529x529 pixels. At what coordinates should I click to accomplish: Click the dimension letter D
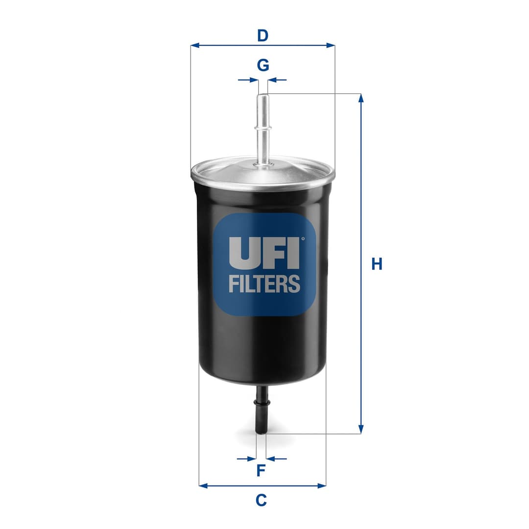point(263,36)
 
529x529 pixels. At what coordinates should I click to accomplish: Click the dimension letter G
point(263,65)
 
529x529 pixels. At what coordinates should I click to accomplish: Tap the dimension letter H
point(376,264)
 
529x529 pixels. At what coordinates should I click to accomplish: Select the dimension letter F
point(261,471)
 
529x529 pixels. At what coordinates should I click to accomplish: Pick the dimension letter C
point(261,500)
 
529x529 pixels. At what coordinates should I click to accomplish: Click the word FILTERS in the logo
point(264,284)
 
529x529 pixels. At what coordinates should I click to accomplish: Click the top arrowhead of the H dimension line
point(361,97)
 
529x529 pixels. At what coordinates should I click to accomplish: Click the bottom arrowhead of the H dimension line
point(361,430)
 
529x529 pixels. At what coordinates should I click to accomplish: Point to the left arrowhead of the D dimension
point(194,45)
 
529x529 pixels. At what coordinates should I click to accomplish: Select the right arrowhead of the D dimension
point(331,45)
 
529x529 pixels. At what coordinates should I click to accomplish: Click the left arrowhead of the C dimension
point(203,486)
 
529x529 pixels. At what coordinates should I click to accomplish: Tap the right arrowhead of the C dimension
point(322,486)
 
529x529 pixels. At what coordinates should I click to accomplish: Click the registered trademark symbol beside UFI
point(303,239)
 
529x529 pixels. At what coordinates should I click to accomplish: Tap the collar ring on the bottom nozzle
point(262,403)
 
